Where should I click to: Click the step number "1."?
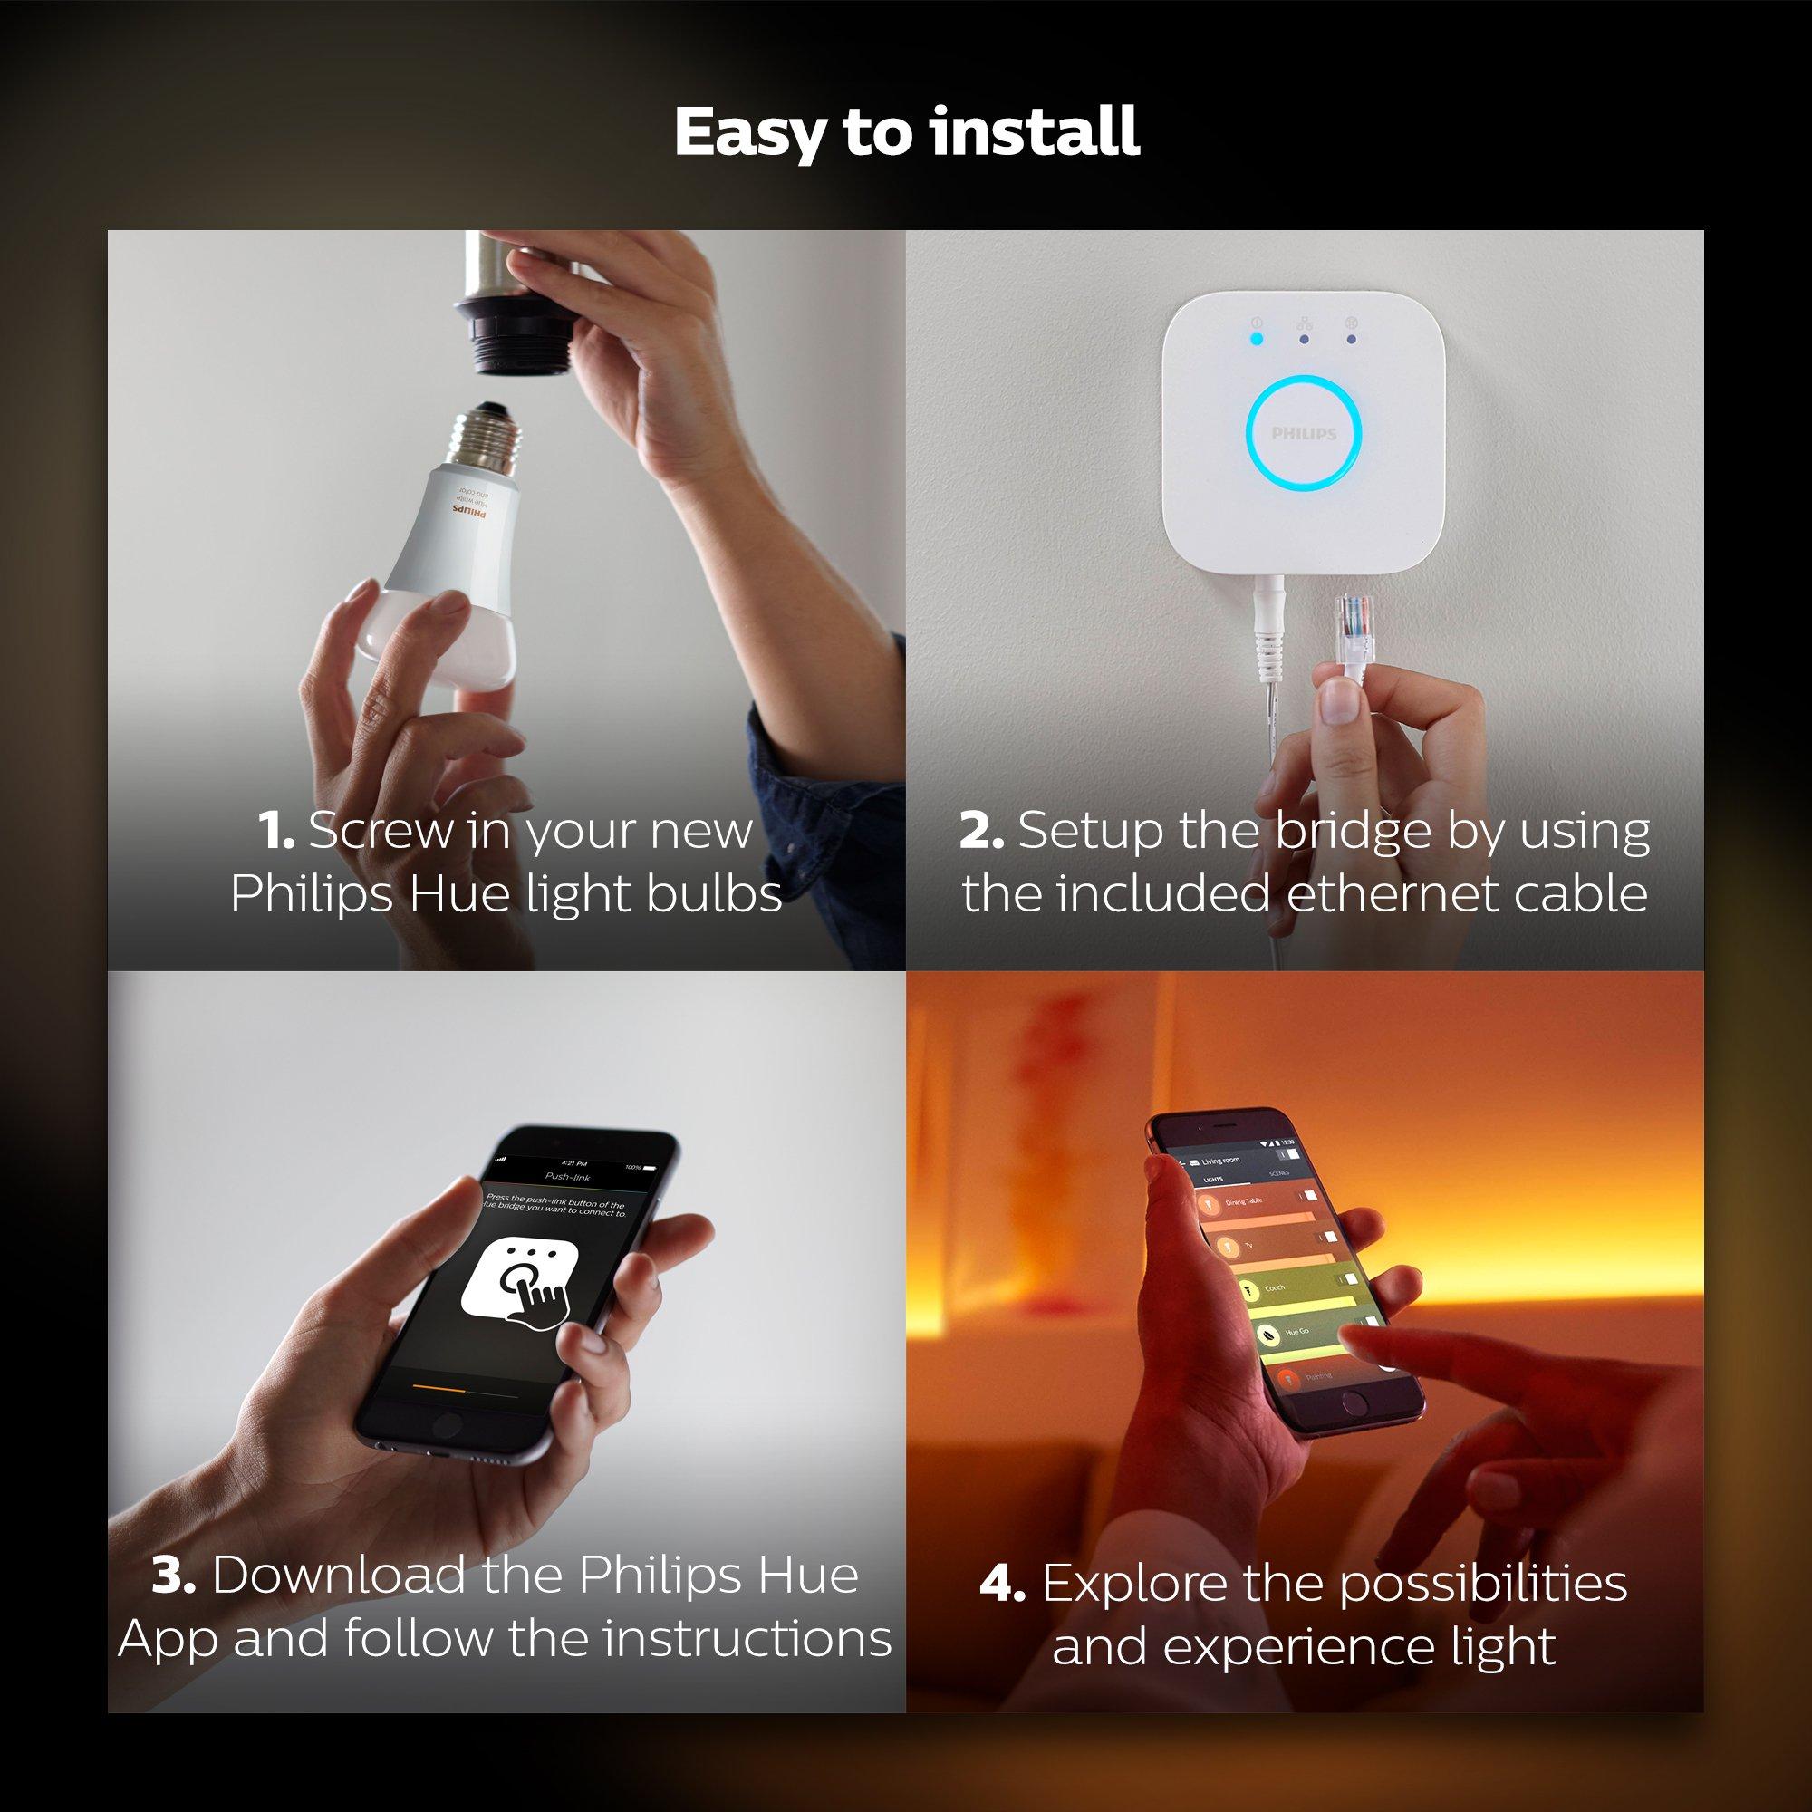coord(276,831)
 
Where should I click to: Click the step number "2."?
coord(981,831)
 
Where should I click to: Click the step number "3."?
coord(175,1575)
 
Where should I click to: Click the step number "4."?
coord(1002,1584)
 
